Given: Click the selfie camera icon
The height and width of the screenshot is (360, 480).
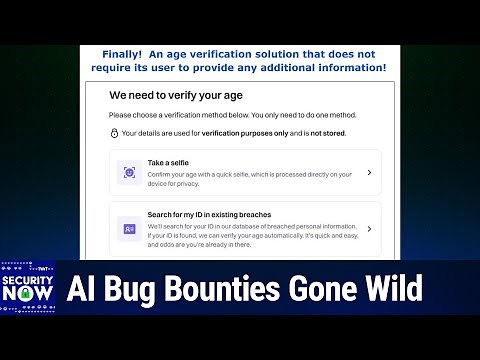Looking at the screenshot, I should pyautogui.click(x=129, y=172).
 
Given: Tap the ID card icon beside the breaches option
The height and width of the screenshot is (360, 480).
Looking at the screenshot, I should pyautogui.click(x=129, y=229).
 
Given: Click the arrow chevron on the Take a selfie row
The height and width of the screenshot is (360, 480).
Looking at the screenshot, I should pyautogui.click(x=369, y=172).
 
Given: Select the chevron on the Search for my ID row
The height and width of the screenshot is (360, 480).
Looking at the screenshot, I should pyautogui.click(x=369, y=229).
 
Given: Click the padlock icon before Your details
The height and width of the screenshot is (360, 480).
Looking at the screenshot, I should pyautogui.click(x=114, y=132).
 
